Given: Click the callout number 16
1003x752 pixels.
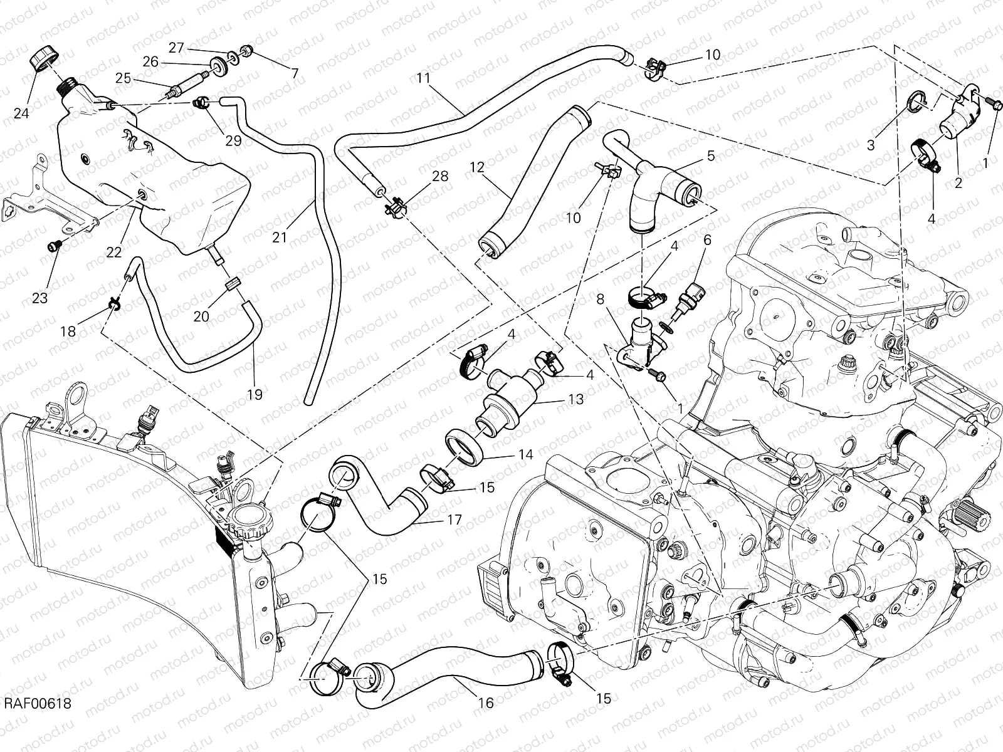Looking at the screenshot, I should pyautogui.click(x=486, y=703).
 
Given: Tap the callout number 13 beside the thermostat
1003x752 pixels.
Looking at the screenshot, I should pyautogui.click(x=575, y=399).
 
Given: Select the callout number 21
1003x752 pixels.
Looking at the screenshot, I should pyautogui.click(x=280, y=238).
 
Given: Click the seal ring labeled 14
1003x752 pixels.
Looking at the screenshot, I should pyautogui.click(x=465, y=446).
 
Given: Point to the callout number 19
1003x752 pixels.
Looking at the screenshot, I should pyautogui.click(x=255, y=394).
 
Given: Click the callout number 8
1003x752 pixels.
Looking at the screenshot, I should pyautogui.click(x=600, y=300).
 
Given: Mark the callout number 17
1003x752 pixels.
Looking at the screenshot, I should pyautogui.click(x=454, y=520).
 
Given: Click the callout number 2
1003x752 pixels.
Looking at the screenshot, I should pyautogui.click(x=957, y=184).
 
